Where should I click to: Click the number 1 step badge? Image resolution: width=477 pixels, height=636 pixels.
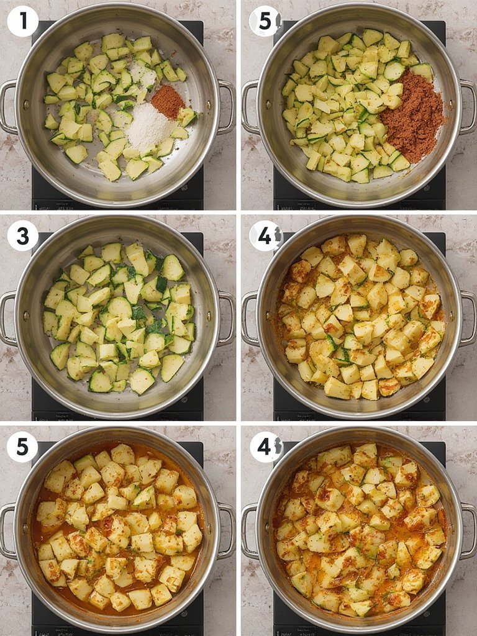tap(23, 21)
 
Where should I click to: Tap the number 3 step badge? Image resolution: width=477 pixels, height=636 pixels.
tap(23, 235)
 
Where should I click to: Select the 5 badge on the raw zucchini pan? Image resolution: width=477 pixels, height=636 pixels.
tap(265, 21)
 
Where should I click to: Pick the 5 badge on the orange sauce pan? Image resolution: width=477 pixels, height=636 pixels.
tap(23, 447)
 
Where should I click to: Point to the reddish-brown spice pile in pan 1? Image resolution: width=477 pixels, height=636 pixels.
tap(168, 101)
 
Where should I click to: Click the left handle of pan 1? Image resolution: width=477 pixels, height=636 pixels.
tap(7, 107)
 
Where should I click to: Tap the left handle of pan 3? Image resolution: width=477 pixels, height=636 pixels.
tap(7, 319)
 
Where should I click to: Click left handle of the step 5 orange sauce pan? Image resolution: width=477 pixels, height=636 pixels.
tap(7, 531)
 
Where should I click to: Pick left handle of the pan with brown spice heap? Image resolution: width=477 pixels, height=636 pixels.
tap(249, 107)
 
